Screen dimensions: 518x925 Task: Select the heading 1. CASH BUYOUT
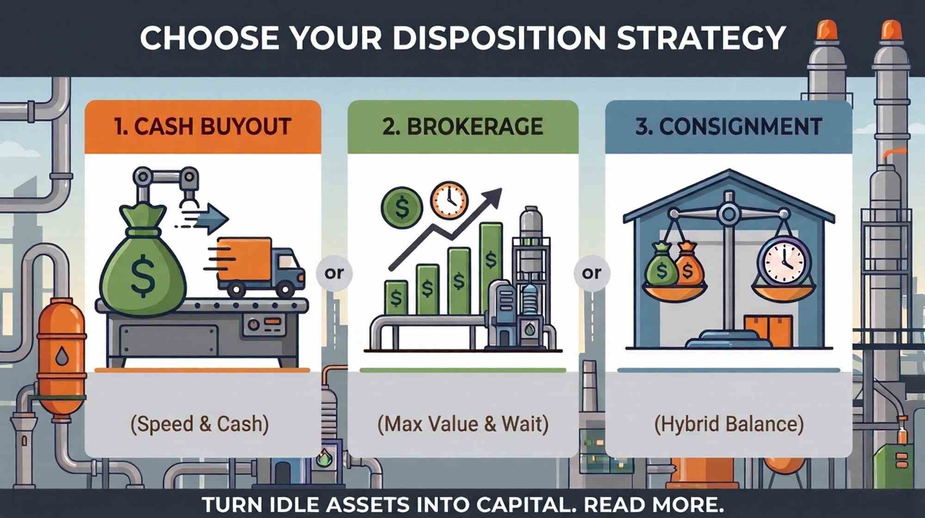tap(203, 127)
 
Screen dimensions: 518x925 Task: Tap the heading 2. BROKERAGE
tap(462, 127)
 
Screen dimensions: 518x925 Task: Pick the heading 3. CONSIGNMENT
tap(728, 127)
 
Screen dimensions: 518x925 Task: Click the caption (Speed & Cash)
tap(200, 424)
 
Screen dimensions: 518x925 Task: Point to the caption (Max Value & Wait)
tap(462, 424)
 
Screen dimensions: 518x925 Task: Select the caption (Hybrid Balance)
tap(729, 424)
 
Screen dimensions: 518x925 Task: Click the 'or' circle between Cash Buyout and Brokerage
tap(334, 273)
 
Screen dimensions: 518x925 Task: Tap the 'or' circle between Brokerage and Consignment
tap(592, 273)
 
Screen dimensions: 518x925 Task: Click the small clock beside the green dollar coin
tap(449, 201)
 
